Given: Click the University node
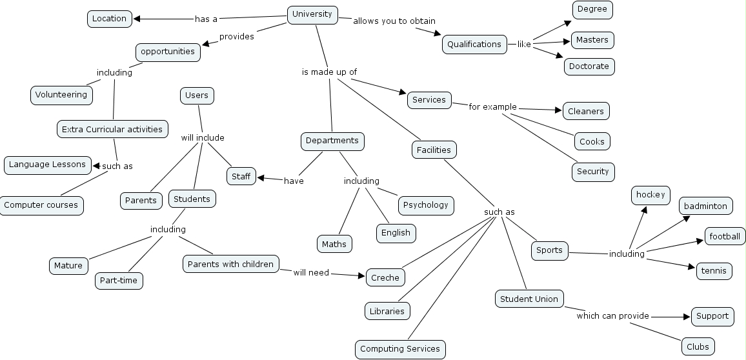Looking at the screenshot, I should coord(312,14).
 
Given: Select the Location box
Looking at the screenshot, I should coord(109,19).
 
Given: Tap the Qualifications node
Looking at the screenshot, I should coord(474,45).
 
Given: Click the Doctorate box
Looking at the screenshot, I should coord(589,66).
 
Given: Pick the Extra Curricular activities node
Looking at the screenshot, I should coord(112,130).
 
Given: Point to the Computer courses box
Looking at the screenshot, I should coord(41,205).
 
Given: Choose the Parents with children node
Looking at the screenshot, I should coord(231,264).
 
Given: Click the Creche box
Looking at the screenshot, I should coord(385,278).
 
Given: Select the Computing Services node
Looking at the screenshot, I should coord(400,349).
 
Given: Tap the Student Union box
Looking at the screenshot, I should coord(529,299).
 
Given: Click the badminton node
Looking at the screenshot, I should coord(706,206).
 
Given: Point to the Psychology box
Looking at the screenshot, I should coord(425,205).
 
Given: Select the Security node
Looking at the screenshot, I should coord(592,172).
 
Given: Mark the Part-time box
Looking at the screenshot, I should coord(119,281).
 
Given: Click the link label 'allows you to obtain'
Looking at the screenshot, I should coord(394,21).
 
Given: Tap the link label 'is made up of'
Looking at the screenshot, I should coord(329,72).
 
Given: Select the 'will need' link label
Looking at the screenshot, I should coord(311,273).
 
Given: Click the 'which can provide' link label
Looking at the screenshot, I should coord(612,316).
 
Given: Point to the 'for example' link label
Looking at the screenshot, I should coord(492,107).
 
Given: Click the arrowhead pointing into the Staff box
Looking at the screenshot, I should coord(261,177).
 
